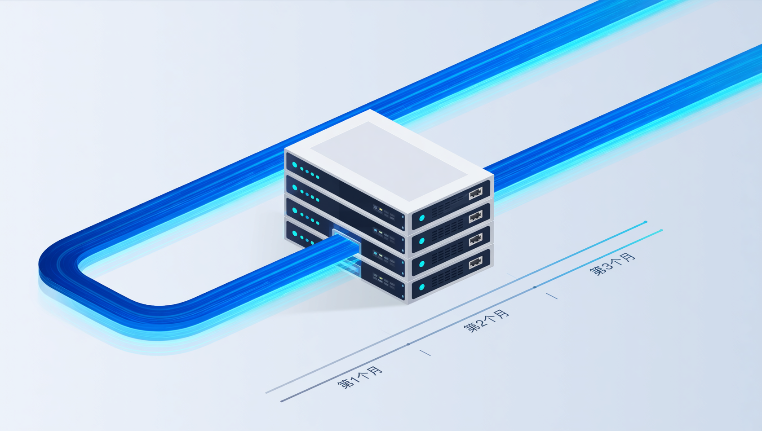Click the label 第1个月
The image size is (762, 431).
pyautogui.click(x=359, y=377)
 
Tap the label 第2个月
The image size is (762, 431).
pyautogui.click(x=487, y=321)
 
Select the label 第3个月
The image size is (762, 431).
pyautogui.click(x=612, y=264)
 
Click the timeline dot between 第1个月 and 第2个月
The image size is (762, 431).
pyautogui.click(x=408, y=344)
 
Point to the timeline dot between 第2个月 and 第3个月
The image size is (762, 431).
pyautogui.click(x=535, y=287)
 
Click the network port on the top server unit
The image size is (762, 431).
pyautogui.click(x=476, y=193)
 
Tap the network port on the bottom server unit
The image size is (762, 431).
pyautogui.click(x=476, y=262)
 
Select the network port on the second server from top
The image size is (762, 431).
pyautogui.click(x=476, y=216)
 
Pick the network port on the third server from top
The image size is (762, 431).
pyautogui.click(x=476, y=239)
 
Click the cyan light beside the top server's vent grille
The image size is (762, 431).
pyautogui.click(x=422, y=218)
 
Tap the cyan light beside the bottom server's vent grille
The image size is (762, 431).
pyautogui.click(x=422, y=287)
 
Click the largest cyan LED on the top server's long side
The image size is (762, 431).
pyautogui.click(x=295, y=165)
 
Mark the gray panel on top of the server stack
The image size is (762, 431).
pyautogui.click(x=388, y=161)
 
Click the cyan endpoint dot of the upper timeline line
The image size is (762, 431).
pyautogui.click(x=645, y=222)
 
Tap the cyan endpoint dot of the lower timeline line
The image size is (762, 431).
pyautogui.click(x=661, y=230)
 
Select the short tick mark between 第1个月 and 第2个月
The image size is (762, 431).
pyautogui.click(x=425, y=353)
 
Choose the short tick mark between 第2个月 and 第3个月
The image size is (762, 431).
pyautogui.click(x=552, y=296)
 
